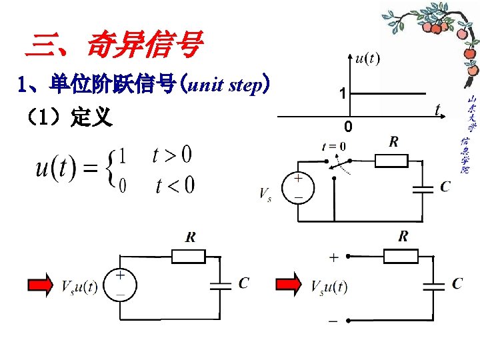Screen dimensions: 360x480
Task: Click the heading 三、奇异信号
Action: (x=113, y=45)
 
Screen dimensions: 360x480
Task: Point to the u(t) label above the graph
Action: (x=367, y=59)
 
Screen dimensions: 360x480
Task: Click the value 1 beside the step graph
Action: (x=341, y=95)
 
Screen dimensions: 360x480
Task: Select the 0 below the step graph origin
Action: (x=348, y=127)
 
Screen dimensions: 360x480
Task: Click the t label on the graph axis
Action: (x=437, y=109)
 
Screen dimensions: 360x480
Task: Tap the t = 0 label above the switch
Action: (x=333, y=146)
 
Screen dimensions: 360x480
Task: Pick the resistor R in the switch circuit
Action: (x=391, y=160)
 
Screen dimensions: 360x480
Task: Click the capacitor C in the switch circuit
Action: (x=423, y=188)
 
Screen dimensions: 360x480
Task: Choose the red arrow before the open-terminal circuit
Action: (x=288, y=285)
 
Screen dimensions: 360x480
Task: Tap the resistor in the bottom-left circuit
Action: (x=189, y=257)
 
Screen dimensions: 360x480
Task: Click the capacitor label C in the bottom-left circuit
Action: (x=243, y=284)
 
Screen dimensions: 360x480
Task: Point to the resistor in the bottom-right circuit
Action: (x=401, y=255)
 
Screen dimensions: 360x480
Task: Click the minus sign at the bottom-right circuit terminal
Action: (x=332, y=322)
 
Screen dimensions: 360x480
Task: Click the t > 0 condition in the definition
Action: (x=171, y=155)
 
